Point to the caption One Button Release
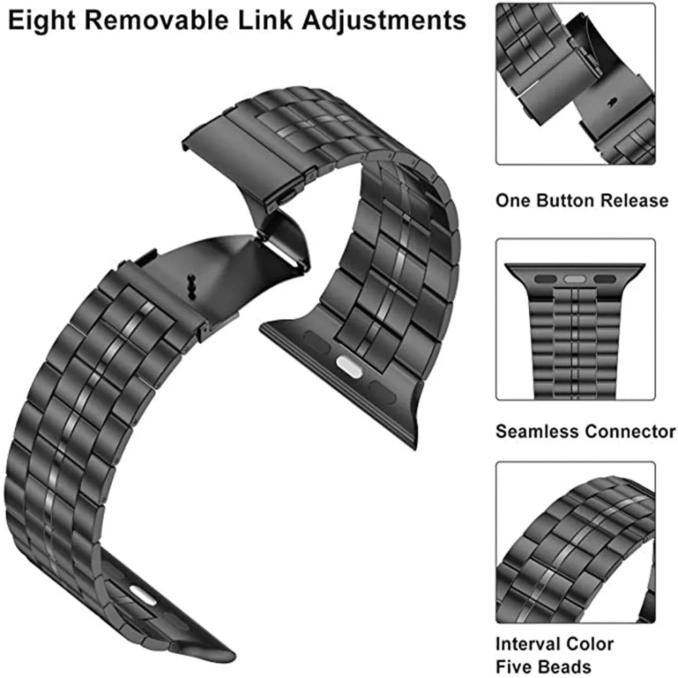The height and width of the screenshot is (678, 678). [582, 201]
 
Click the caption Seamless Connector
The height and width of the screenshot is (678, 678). [586, 431]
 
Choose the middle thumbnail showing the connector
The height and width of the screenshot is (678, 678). [575, 319]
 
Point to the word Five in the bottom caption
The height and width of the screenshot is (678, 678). [517, 666]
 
